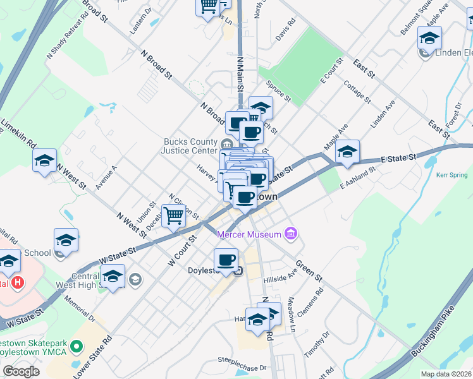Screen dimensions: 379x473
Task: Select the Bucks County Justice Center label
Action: [x=190, y=146]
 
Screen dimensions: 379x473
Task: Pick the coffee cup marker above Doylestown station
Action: [x=226, y=259]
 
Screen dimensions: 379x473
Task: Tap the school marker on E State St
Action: [x=347, y=152]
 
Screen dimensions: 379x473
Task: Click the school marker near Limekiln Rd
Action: [x=45, y=160]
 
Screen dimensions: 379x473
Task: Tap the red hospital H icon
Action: [x=18, y=283]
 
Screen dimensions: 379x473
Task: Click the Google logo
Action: [x=21, y=371]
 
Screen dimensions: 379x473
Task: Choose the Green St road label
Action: [x=309, y=270]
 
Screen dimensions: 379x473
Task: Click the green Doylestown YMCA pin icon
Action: [x=77, y=346]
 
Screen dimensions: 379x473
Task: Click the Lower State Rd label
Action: [x=92, y=356]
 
